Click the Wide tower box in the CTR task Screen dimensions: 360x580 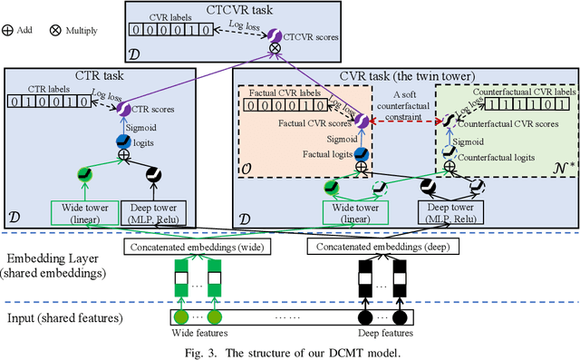(84, 211)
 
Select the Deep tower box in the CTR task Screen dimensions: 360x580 (147, 211)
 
